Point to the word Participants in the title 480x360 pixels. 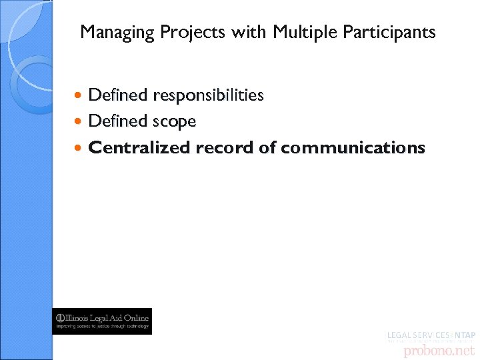tap(383, 32)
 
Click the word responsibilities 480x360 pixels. tap(208, 95)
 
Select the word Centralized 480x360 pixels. tap(139, 147)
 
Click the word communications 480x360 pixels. tap(353, 147)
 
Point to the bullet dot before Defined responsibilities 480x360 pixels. tap(81, 96)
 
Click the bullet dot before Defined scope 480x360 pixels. tap(81, 122)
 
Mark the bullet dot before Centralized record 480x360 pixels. tap(81, 148)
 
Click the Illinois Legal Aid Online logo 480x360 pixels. tap(103, 321)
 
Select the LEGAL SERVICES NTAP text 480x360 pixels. tap(431, 334)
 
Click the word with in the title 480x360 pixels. tap(249, 32)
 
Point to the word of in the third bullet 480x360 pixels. tap(267, 147)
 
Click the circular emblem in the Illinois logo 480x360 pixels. tap(61, 317)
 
